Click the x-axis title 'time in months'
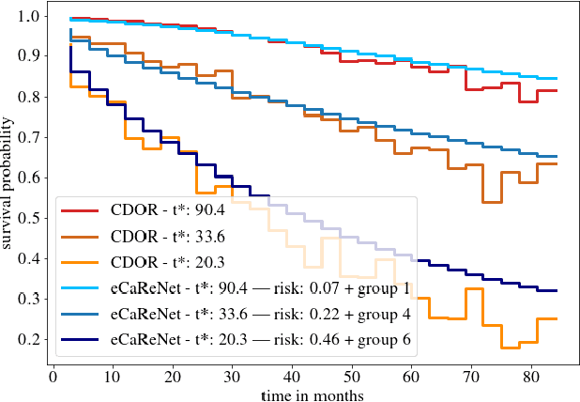click(x=313, y=394)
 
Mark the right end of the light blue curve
click(x=557, y=79)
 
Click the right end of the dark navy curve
click(x=557, y=290)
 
